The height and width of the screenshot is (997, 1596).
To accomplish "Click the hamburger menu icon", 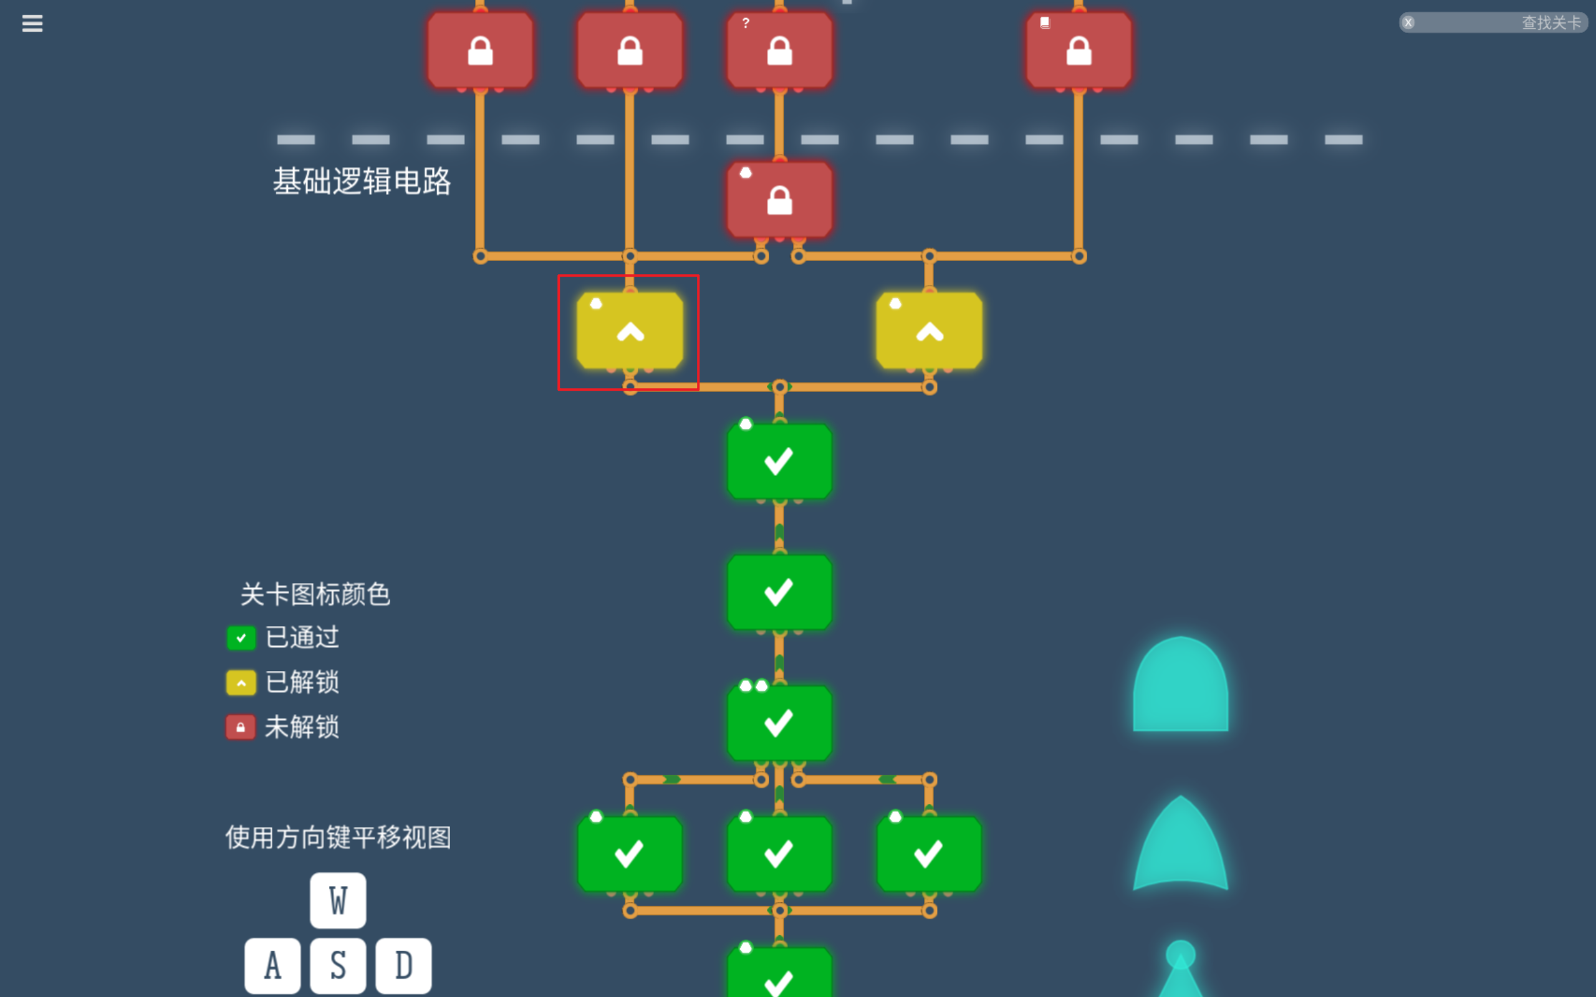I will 32,24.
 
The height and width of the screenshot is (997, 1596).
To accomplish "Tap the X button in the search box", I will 1408,22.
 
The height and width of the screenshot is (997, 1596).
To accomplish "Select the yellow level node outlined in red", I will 630,331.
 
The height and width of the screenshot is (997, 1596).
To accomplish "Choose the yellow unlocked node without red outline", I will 930,331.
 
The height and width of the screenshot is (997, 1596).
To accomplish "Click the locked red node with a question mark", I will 779,50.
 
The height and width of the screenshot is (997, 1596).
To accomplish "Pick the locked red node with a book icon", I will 1079,50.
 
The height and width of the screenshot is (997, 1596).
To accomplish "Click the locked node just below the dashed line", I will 779,200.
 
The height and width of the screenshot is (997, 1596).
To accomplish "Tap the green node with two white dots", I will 779,723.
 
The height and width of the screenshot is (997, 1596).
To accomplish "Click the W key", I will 339,900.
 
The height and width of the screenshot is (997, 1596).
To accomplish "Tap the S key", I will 339,965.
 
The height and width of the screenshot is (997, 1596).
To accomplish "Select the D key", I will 403,965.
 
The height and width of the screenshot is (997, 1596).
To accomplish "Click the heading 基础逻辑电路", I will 362,181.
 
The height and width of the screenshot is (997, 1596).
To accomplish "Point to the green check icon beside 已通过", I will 241,637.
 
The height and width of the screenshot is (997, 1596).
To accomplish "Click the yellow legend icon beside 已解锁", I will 241,682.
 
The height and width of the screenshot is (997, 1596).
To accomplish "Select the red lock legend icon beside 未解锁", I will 241,727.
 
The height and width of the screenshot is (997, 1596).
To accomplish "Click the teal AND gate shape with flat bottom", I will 1181,686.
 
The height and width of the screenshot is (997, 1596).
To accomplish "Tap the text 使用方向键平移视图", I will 339,837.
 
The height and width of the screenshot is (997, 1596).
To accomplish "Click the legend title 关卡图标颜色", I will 315,594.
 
